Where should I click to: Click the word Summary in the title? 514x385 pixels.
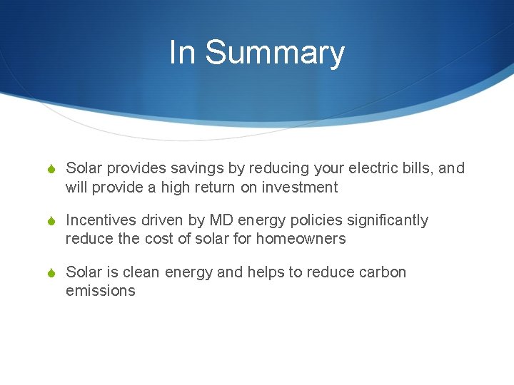275,53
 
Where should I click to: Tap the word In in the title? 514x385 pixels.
181,53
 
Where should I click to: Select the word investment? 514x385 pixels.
300,188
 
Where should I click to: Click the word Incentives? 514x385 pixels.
101,220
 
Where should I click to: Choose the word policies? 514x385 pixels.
311,220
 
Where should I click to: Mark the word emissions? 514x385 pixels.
100,291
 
